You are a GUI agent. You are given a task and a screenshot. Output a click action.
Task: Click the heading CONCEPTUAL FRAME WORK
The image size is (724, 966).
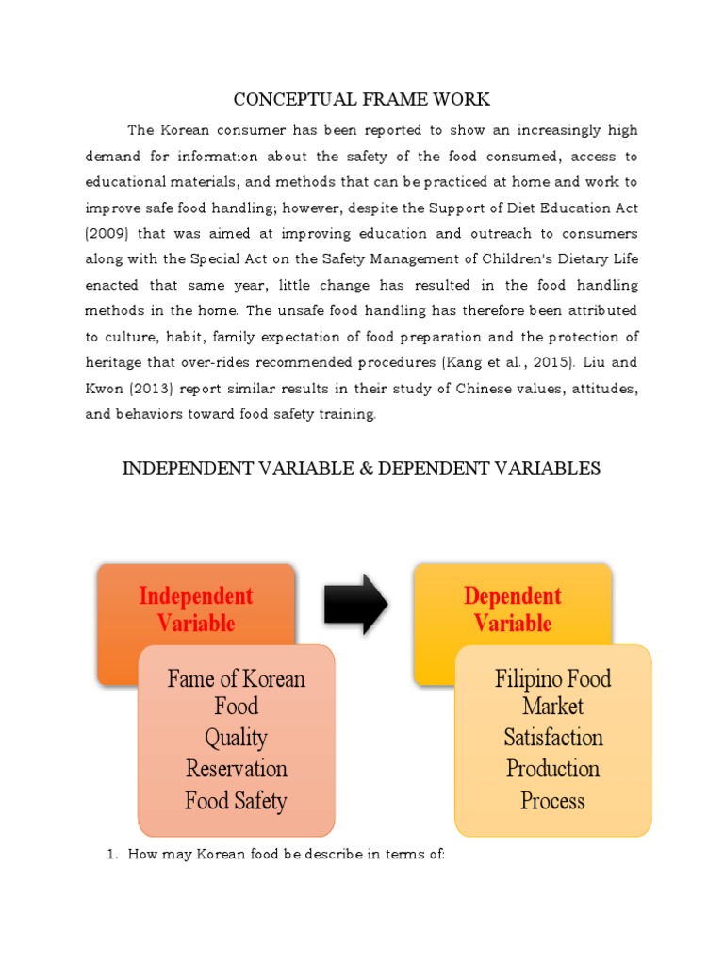click(361, 99)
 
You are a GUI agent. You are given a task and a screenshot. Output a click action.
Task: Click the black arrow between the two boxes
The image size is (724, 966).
click(355, 604)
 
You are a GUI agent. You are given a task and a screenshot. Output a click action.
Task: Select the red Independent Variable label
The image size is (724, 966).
click(196, 609)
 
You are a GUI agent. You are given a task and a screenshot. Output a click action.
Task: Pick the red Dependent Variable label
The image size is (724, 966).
click(512, 609)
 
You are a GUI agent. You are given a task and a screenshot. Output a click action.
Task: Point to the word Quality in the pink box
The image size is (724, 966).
click(236, 738)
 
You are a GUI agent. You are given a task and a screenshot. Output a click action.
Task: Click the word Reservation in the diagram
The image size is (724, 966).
click(236, 769)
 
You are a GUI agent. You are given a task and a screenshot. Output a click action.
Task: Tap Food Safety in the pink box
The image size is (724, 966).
click(236, 801)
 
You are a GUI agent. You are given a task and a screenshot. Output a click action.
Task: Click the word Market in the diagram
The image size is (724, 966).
click(552, 706)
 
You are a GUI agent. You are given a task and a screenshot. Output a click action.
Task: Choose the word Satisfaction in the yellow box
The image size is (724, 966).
click(552, 737)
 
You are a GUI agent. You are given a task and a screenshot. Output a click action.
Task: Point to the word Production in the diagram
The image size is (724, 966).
click(552, 769)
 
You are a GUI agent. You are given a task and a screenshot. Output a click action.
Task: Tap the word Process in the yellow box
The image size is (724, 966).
click(552, 801)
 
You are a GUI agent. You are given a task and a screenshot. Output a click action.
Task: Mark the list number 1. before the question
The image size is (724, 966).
click(109, 855)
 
